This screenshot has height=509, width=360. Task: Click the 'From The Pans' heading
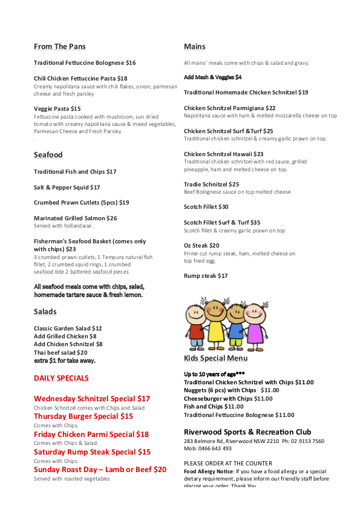pos(59,47)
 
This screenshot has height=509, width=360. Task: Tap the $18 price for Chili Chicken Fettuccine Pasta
pos(122,79)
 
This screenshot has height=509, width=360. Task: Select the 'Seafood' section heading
pos(48,155)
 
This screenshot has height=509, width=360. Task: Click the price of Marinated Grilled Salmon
pos(112,218)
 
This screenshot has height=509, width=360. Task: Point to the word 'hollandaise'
pos(77,226)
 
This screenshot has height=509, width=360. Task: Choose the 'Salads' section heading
pos(45,312)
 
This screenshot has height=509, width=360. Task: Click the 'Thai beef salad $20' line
pos(61,352)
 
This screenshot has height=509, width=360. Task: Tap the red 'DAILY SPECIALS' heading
pos(61,378)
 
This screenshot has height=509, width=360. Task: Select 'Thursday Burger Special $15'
pos(83,416)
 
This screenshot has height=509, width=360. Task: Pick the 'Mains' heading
pos(194,47)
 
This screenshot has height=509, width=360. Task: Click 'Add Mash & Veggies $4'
pos(212,77)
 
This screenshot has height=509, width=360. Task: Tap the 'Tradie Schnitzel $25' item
pos(211,185)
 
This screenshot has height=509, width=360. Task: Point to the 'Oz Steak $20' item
pos(201,246)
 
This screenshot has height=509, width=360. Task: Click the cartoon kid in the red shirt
pos(196,325)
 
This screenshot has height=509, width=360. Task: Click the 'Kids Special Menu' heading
pos(215,358)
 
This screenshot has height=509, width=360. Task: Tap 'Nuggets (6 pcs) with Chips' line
pos(220,390)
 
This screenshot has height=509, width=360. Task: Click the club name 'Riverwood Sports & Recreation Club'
pos(247,432)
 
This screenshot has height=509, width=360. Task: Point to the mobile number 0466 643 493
pos(218,448)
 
